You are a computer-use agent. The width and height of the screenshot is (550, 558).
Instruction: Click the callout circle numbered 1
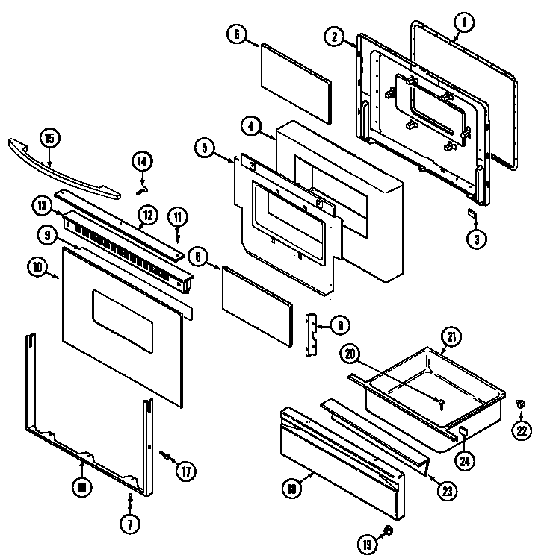463,23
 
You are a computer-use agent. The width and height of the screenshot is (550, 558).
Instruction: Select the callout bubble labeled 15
49,138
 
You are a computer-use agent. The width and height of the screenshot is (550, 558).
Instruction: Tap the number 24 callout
466,461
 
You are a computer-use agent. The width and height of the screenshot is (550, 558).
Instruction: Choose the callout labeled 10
36,265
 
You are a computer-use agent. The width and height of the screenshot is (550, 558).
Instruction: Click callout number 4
251,126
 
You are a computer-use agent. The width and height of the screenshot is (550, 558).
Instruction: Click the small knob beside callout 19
389,530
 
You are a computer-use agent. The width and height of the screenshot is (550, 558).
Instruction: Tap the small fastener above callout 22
520,404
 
